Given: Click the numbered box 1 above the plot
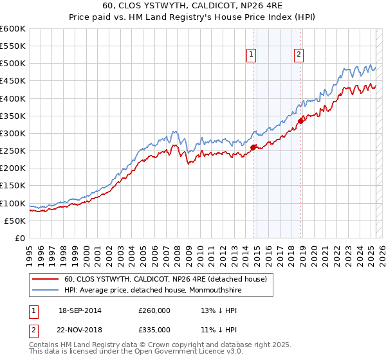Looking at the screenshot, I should [x=251, y=55].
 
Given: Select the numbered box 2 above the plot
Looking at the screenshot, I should [x=299, y=55].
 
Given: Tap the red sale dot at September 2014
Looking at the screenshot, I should [x=253, y=147].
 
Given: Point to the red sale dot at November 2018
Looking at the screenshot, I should [x=300, y=121].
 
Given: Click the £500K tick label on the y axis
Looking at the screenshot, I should [x=13, y=64].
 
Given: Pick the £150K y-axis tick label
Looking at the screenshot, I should [x=13, y=186].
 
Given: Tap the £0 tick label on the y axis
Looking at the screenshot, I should [x=21, y=238].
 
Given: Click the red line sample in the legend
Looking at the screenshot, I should [x=45, y=279].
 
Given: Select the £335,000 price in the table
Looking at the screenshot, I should [x=155, y=331].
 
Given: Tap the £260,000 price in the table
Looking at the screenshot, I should [x=155, y=310].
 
